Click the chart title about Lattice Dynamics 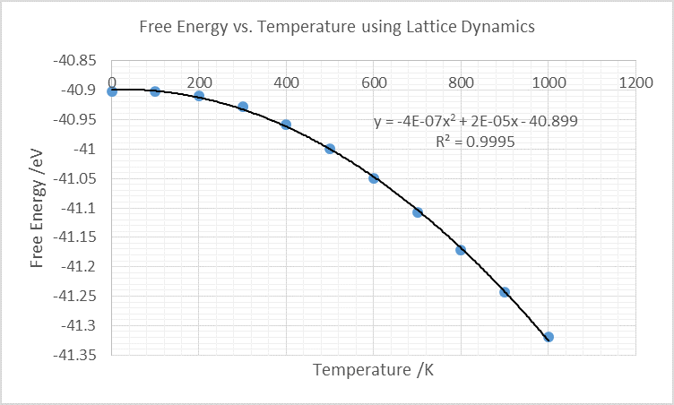337,27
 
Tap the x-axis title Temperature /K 374,368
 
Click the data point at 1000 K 549,337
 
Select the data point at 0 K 112,90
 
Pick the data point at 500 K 330,149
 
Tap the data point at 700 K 418,212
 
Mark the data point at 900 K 505,292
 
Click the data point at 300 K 243,107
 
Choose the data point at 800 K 461,250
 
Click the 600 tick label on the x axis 374,82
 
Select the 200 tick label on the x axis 199,82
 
